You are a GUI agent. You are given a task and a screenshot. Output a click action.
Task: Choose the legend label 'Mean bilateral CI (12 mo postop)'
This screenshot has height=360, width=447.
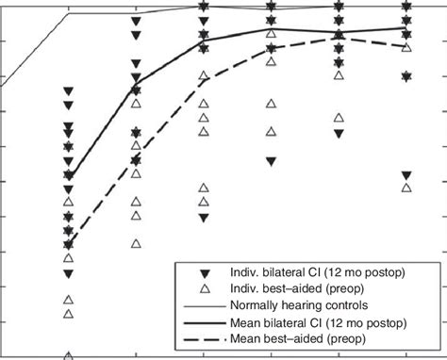click(x=318, y=322)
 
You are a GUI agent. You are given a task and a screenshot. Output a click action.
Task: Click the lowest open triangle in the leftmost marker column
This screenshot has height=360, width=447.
click(x=69, y=356)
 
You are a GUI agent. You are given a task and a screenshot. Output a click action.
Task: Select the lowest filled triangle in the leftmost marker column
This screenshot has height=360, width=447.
click(x=69, y=274)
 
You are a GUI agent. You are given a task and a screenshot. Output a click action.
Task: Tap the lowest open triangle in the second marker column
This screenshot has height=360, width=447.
click(x=137, y=243)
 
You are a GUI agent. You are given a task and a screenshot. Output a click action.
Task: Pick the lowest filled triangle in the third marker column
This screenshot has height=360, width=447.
click(x=204, y=218)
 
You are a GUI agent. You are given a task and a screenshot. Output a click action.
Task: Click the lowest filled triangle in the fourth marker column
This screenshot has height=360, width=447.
click(x=272, y=161)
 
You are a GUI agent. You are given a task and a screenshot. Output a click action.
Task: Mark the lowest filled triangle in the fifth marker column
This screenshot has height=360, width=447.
click(x=339, y=134)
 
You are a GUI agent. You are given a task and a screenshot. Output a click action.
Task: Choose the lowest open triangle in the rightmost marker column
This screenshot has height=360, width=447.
click(x=406, y=188)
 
